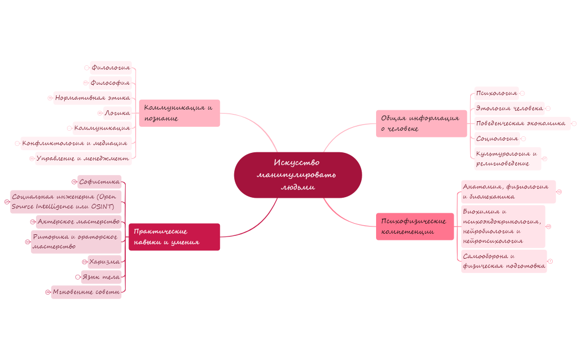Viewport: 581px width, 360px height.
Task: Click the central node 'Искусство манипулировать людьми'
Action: click(297, 174)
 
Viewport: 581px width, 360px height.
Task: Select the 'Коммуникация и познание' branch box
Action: click(179, 113)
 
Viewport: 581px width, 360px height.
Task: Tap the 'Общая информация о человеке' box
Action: click(421, 123)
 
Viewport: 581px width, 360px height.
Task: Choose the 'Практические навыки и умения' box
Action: click(174, 237)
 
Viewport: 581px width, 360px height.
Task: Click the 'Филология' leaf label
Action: click(111, 68)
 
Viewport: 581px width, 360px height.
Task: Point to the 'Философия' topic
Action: click(110, 83)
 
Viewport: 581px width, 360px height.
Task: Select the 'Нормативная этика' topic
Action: click(92, 98)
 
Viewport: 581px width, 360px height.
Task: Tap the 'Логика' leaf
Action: click(117, 113)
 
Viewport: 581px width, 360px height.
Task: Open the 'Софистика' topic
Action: click(99, 182)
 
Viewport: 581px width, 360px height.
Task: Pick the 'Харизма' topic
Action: click(105, 261)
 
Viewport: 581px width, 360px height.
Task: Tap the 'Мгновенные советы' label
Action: click(86, 292)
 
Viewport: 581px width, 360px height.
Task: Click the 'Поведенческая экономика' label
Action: click(521, 123)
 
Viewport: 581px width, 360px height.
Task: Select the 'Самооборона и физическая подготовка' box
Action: click(503, 261)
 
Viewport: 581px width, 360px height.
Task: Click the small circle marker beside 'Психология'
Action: click(522, 93)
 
